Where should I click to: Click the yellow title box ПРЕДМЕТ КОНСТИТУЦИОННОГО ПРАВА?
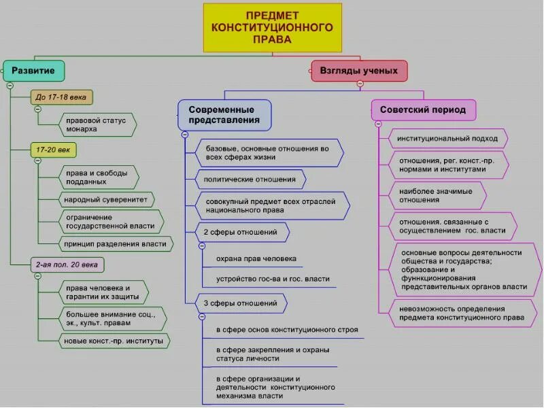(272, 28)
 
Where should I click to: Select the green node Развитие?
(33, 70)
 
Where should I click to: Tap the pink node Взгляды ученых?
(359, 71)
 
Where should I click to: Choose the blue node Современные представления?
(224, 115)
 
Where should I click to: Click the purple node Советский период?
(423, 109)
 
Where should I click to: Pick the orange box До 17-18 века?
(62, 97)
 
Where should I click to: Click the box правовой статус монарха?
(97, 124)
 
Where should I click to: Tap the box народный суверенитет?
(105, 200)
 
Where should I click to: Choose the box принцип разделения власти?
(115, 243)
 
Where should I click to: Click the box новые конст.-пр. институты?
(114, 340)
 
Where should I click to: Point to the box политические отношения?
(250, 180)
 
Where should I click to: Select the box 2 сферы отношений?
(241, 233)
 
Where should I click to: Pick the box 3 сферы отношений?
(241, 303)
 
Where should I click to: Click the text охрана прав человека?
(256, 259)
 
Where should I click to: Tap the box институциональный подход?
(448, 139)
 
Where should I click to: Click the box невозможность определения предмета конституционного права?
(462, 312)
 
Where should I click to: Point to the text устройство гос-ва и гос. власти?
(273, 279)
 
